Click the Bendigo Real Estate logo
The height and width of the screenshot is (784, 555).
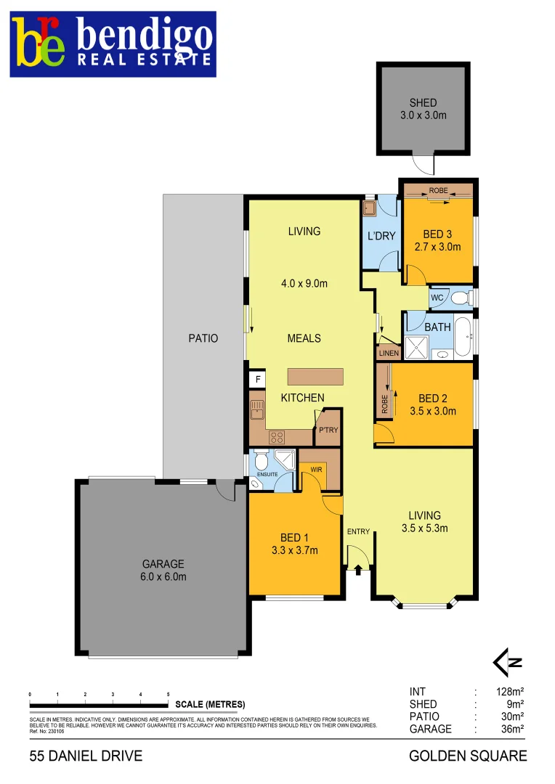pyautogui.click(x=113, y=44)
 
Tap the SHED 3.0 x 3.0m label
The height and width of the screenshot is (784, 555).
pyautogui.click(x=423, y=109)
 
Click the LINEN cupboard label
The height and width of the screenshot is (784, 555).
pyautogui.click(x=388, y=354)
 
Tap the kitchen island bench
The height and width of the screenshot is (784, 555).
pyautogui.click(x=315, y=377)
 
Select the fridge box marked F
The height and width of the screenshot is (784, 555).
pyautogui.click(x=256, y=379)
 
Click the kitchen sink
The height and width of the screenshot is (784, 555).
pyautogui.click(x=256, y=412)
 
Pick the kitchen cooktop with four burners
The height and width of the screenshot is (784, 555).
pyautogui.click(x=277, y=437)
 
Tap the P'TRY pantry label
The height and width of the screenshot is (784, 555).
pyautogui.click(x=328, y=430)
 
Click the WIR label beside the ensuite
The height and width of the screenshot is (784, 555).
pyautogui.click(x=316, y=470)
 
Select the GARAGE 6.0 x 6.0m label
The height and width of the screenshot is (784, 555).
pyautogui.click(x=163, y=570)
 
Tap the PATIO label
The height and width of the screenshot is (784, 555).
pyautogui.click(x=202, y=338)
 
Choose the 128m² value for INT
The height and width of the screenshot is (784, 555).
pyautogui.click(x=509, y=692)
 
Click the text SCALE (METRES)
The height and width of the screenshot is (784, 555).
pyautogui.click(x=210, y=704)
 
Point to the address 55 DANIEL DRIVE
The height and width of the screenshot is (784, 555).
pyautogui.click(x=86, y=756)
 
